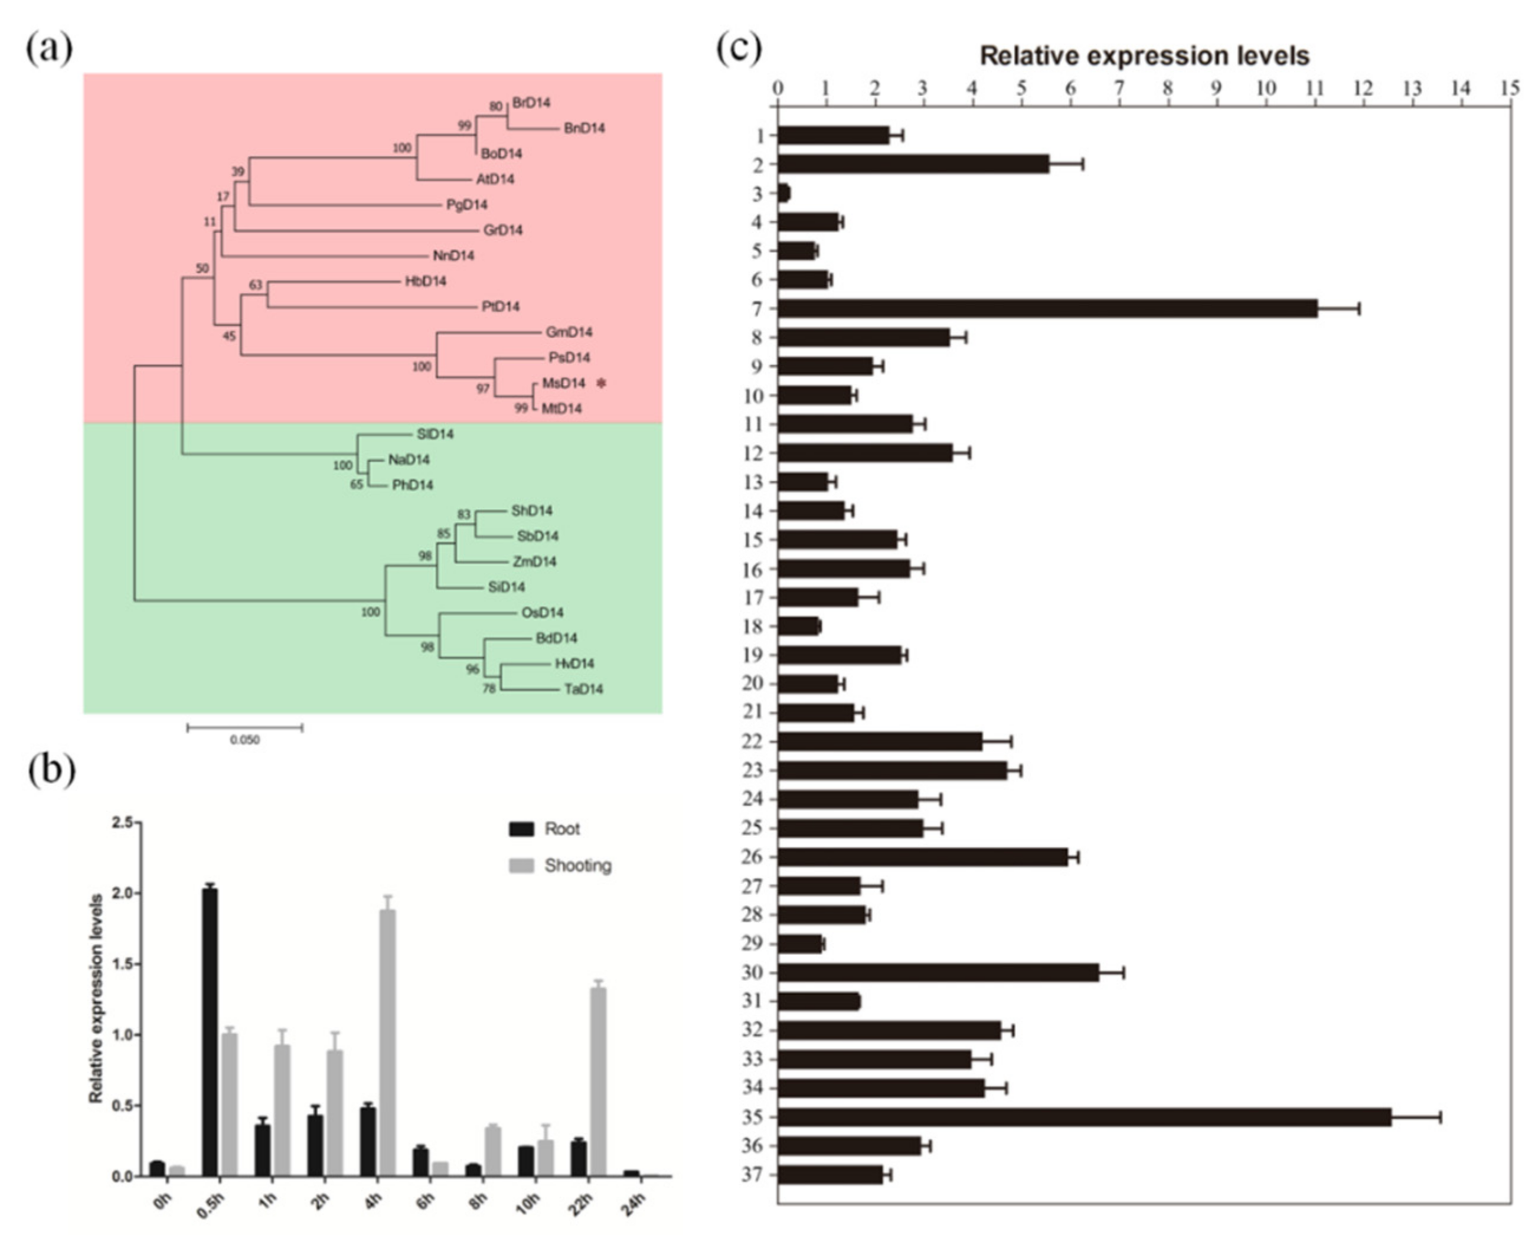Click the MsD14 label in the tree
pos(563,384)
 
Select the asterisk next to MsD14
pos(601,384)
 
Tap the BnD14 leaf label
pos(584,128)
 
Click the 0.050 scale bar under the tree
pos(245,728)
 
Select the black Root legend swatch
pos(521,829)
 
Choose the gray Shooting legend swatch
pos(521,867)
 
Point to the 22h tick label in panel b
pos(582,1204)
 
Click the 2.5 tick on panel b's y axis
pos(122,823)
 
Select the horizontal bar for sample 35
pos(1084,1117)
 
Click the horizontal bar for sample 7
pos(1047,308)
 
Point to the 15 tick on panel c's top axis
pos(1510,88)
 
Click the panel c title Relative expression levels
pos(1144,56)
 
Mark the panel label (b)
pos(51,770)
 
